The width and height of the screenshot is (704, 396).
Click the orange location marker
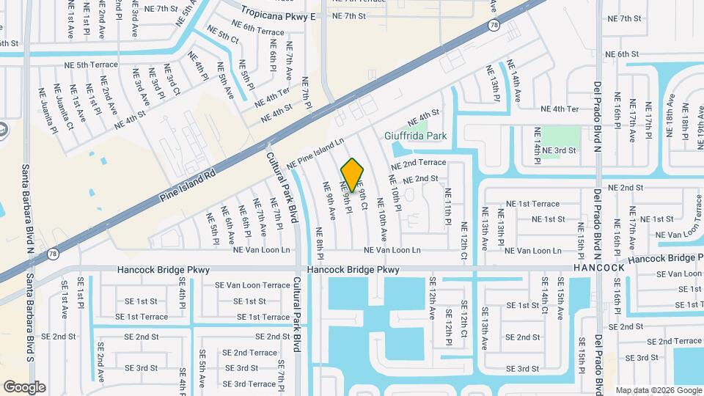352,175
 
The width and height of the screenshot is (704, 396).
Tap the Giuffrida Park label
416,136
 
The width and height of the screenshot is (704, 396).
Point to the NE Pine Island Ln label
315,153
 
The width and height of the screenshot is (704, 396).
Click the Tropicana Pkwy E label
279,16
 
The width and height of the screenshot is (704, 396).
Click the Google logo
24,386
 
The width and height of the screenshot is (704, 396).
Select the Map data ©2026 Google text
658,390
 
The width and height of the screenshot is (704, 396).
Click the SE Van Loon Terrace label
252,285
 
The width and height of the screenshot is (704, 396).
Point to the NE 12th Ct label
463,241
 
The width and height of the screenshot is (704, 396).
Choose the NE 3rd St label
559,150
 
